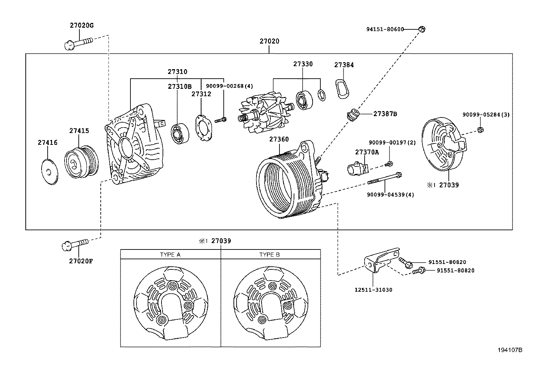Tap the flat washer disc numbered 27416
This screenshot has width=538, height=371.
(49, 171)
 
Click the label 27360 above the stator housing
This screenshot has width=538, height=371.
(279, 139)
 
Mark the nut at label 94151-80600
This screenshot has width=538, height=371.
(421, 29)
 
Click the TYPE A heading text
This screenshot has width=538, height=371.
(170, 255)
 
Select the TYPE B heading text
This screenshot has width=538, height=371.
(269, 255)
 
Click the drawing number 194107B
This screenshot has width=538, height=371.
(510, 350)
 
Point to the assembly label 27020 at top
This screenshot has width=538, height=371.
(269, 41)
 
